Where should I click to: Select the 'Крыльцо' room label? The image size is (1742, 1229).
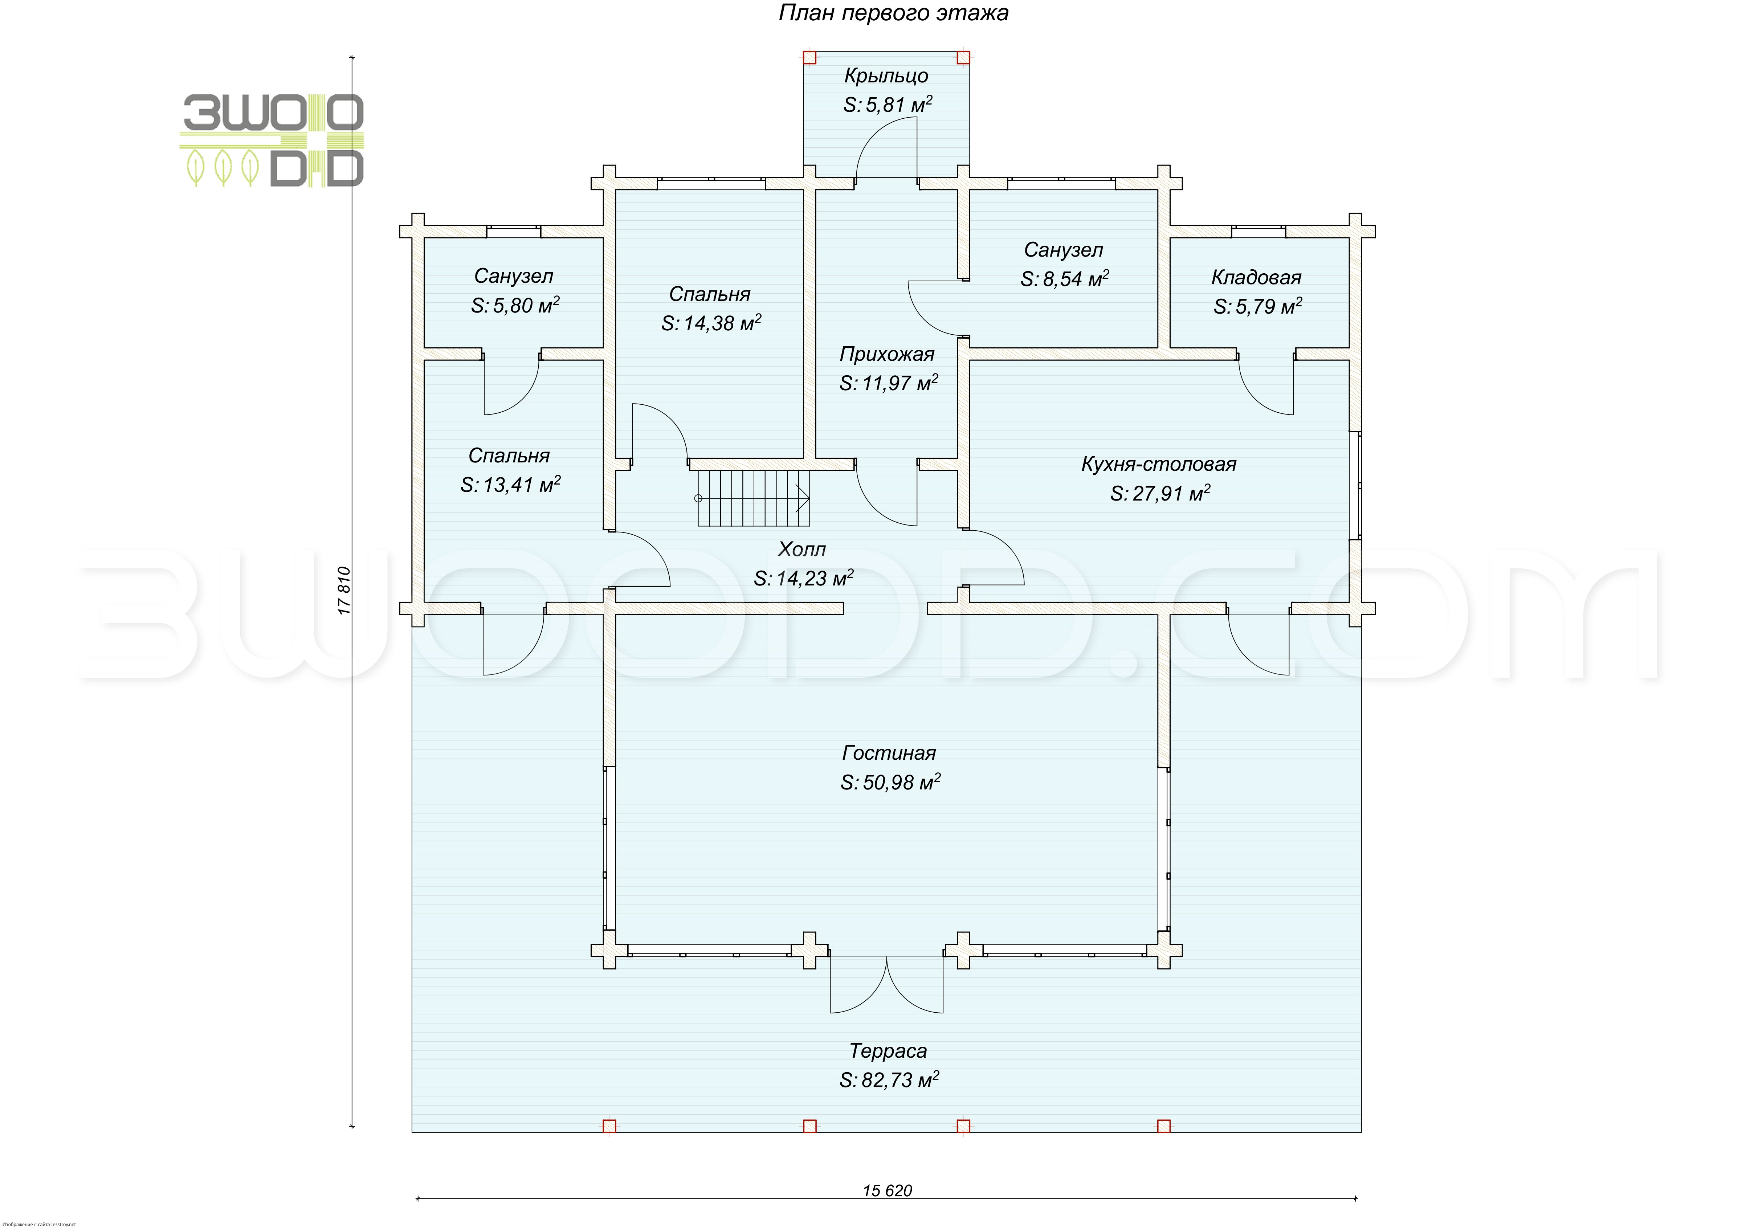[886, 76]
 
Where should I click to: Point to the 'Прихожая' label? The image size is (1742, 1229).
[886, 354]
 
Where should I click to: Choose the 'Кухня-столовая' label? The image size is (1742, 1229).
[1159, 464]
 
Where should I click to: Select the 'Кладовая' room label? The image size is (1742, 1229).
[1256, 278]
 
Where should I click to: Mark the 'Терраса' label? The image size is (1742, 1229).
[888, 1051]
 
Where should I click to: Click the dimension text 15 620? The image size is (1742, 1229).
[887, 1191]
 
